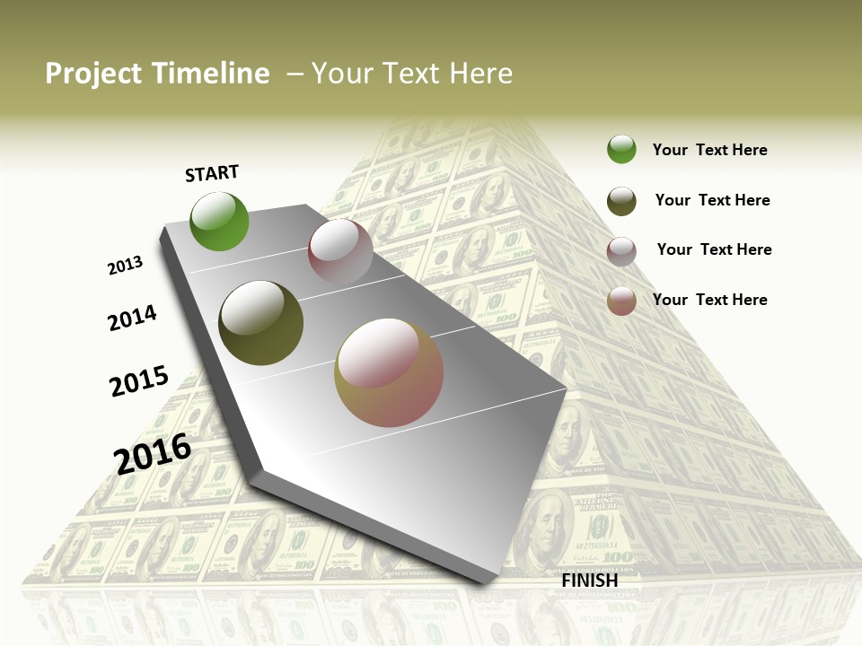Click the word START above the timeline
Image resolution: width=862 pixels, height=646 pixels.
212,173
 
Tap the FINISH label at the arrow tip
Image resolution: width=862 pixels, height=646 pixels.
589,581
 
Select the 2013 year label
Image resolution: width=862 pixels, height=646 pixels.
125,266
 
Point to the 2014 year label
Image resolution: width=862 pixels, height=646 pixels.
132,318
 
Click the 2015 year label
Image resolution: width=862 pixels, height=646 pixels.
139,381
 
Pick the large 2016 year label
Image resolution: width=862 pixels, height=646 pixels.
153,453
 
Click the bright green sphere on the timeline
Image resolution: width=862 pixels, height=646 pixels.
219,221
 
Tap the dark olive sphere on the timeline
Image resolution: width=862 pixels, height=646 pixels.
261,323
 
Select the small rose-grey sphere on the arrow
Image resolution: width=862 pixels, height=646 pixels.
340,251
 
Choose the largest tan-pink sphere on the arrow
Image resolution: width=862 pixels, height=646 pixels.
389,372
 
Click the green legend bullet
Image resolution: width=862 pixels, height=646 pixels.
621,150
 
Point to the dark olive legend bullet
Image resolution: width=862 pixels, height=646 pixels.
621,201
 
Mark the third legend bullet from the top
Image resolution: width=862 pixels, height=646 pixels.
621,251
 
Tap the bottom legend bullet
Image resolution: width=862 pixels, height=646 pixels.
621,301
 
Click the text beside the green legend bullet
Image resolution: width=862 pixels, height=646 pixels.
709,150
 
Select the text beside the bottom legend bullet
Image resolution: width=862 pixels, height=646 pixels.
709,300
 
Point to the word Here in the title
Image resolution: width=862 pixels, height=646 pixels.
480,74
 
